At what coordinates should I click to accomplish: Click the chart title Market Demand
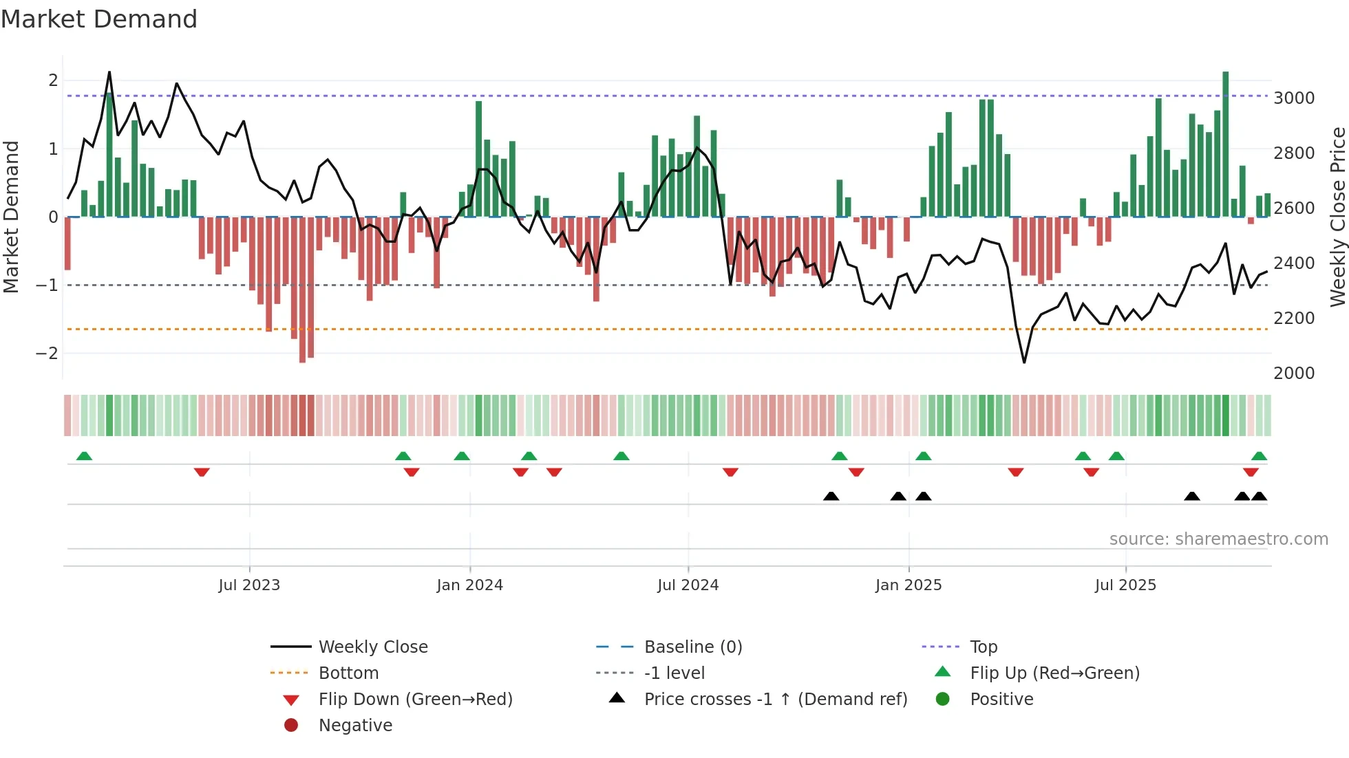(99, 19)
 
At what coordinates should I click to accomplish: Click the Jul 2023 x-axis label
(249, 585)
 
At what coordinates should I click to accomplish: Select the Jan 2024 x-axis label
(469, 585)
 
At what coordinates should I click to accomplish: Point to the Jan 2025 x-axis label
(908, 585)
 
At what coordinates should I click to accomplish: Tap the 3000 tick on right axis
(1294, 98)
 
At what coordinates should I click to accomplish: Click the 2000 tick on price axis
(1294, 373)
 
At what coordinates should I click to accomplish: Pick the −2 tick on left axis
(47, 354)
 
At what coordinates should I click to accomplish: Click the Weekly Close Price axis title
(1337, 217)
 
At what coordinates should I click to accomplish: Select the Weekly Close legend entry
(372, 647)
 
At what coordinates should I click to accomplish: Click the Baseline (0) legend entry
(692, 647)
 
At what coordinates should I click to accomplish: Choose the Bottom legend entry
(348, 673)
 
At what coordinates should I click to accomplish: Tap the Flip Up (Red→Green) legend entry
(1054, 673)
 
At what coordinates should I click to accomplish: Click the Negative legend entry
(355, 726)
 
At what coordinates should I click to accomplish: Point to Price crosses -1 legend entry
(775, 700)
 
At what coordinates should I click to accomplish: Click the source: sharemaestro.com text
(1218, 539)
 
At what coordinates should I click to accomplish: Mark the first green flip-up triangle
(84, 456)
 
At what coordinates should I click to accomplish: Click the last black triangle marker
(1259, 496)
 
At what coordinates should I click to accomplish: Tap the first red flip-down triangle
(202, 473)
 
